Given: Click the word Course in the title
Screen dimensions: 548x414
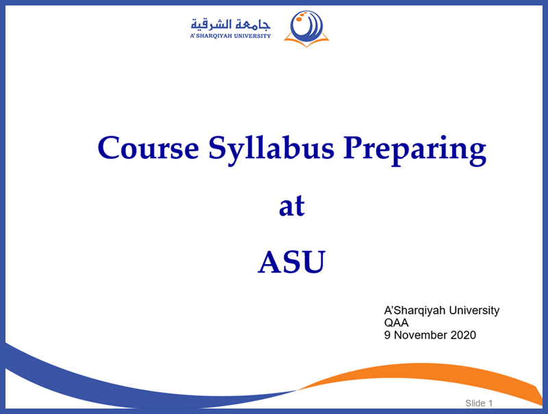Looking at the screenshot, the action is pyautogui.click(x=148, y=148).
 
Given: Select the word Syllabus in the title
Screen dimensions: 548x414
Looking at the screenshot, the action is pyautogui.click(x=271, y=150).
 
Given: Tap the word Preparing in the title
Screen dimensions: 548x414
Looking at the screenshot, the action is pyautogui.click(x=414, y=150).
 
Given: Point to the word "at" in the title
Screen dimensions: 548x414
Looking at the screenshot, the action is pyautogui.click(x=292, y=206).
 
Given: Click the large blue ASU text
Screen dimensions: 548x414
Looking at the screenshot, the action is pyautogui.click(x=292, y=262).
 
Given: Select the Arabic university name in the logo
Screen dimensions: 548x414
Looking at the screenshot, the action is pyautogui.click(x=230, y=25).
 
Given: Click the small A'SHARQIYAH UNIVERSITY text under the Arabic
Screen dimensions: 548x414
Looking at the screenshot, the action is pyautogui.click(x=230, y=36).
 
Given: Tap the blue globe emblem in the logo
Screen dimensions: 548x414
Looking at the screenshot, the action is pyautogui.click(x=306, y=25).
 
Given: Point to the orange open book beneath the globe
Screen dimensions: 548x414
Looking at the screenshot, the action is pyautogui.click(x=306, y=42).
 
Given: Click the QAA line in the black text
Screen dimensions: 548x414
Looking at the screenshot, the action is pyautogui.click(x=397, y=322).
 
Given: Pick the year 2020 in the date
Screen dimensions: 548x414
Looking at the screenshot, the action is pyautogui.click(x=463, y=335).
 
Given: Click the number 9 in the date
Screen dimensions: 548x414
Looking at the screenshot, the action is pyautogui.click(x=387, y=335).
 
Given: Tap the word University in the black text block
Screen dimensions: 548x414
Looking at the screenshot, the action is pyautogui.click(x=474, y=310).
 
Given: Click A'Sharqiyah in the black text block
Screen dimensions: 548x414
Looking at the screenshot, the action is pyautogui.click(x=415, y=310).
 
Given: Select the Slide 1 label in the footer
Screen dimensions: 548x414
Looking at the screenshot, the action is pyautogui.click(x=479, y=403).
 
